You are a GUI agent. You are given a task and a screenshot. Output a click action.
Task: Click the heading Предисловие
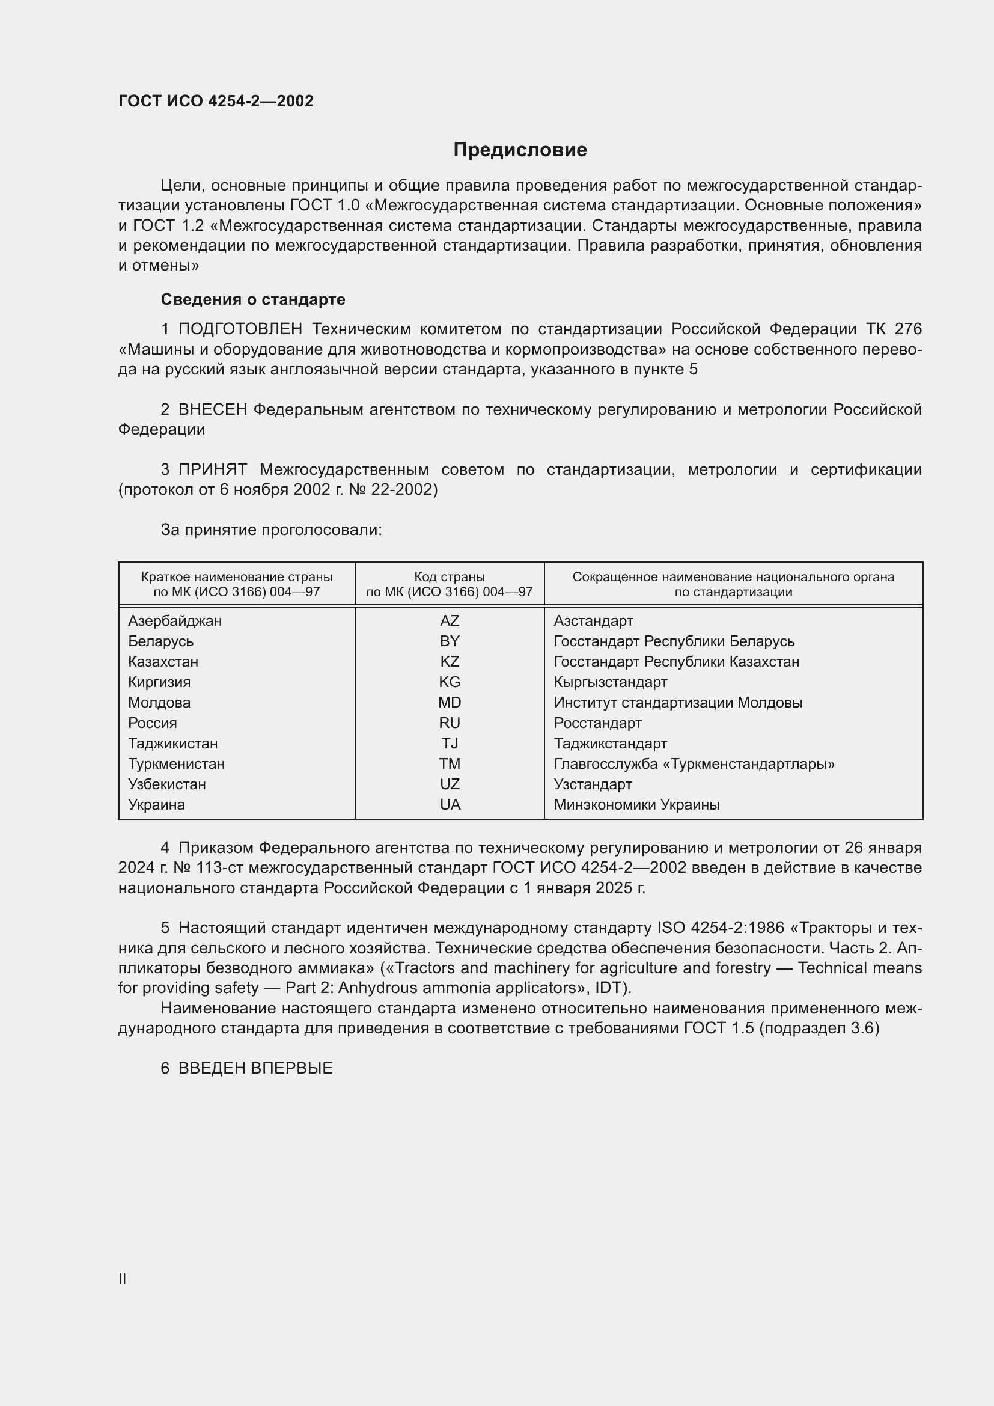[520, 150]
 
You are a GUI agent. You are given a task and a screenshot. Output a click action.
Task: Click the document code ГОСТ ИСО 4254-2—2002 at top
[216, 101]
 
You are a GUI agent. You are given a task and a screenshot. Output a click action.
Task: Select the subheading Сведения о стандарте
[253, 299]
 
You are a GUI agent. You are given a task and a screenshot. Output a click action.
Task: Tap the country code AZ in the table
[450, 621]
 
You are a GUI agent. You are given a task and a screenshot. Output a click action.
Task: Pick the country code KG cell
[450, 682]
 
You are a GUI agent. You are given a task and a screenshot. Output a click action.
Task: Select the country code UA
[450, 805]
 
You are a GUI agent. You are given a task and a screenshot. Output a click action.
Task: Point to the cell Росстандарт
[597, 723]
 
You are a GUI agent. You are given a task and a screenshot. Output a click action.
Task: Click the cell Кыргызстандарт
[610, 682]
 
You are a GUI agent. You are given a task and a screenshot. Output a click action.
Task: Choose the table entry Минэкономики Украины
[636, 805]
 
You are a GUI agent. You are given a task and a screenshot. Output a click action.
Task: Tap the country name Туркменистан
[176, 764]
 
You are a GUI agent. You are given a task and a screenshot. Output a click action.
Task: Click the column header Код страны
[450, 577]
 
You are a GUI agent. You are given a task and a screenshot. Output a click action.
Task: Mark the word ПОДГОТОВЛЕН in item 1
[240, 329]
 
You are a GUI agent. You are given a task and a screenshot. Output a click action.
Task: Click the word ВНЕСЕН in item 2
[212, 410]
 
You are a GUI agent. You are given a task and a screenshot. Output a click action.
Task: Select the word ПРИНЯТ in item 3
[212, 469]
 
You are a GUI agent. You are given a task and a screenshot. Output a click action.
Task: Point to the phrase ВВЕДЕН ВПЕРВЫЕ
[255, 1068]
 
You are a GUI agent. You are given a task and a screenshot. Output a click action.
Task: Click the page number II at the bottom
[123, 1279]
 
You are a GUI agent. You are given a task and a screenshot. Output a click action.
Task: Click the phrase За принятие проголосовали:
[271, 530]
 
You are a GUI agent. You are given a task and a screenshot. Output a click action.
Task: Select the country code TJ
[450, 744]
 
